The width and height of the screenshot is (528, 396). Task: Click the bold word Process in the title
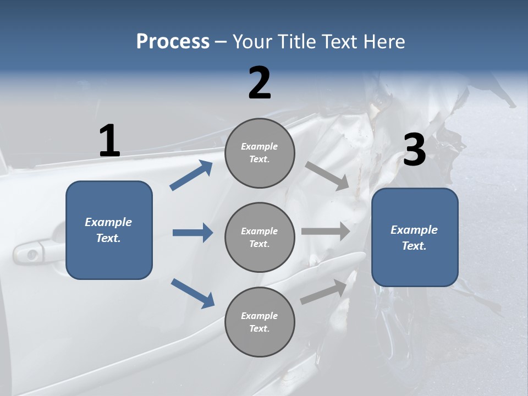pos(173,42)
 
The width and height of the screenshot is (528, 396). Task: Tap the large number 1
pos(109,141)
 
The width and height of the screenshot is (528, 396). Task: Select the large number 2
pos(260,83)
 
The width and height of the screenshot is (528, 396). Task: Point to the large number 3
pos(415,151)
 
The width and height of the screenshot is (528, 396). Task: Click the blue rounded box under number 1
pos(109,230)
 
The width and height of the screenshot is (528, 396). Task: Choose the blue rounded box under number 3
pos(415,238)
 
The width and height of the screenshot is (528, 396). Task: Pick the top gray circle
pos(260,153)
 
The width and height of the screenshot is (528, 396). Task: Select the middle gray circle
pos(260,238)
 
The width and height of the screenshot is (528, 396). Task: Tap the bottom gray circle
pos(260,322)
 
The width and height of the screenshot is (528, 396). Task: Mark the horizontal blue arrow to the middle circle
pos(193,233)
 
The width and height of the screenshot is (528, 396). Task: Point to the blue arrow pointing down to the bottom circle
pos(193,293)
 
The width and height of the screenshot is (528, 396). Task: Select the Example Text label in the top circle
pos(260,153)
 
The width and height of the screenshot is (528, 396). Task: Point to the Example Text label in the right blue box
pos(414,238)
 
